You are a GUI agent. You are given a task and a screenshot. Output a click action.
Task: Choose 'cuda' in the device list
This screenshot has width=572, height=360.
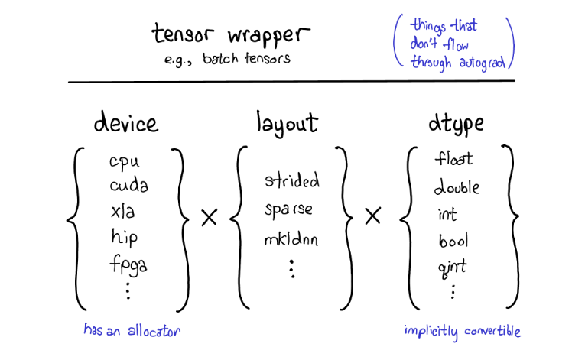[x=128, y=186]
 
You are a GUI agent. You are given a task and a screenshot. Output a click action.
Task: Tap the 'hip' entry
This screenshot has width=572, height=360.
[x=124, y=238]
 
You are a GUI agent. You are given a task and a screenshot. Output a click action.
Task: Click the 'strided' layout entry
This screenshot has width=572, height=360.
[x=291, y=181]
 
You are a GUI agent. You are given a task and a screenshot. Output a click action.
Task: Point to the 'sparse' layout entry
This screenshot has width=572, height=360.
[x=289, y=209]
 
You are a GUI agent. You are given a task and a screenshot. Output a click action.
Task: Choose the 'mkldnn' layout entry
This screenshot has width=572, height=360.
[x=291, y=238]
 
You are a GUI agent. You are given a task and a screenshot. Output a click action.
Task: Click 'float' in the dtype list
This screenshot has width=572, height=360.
[x=453, y=159]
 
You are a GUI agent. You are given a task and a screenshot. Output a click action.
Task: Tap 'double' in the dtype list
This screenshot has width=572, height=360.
[x=457, y=186]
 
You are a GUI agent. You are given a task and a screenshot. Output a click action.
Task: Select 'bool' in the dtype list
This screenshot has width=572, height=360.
[x=453, y=241]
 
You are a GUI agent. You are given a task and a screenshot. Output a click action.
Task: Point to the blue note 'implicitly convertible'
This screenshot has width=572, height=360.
[x=463, y=331]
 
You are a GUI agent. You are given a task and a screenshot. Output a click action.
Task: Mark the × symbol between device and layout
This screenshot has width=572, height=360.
[x=209, y=218]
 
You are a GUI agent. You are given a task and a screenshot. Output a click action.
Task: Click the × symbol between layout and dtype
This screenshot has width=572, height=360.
[x=373, y=218]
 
